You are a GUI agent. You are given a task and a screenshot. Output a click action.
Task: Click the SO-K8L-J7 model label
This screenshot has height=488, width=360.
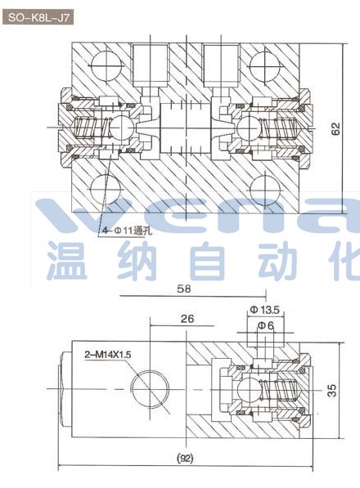(x=38, y=17)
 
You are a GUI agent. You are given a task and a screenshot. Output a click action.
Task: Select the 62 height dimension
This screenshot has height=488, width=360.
(x=335, y=128)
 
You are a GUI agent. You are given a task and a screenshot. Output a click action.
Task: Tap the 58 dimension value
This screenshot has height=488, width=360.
(x=184, y=289)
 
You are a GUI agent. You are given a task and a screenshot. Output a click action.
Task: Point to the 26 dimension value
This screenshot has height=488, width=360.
(x=187, y=318)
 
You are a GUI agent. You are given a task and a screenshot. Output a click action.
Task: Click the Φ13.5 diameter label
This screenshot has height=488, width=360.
(x=265, y=310)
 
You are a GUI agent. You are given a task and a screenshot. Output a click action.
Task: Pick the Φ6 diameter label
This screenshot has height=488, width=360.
(x=266, y=325)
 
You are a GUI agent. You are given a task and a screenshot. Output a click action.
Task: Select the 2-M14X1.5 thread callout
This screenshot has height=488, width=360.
(x=108, y=354)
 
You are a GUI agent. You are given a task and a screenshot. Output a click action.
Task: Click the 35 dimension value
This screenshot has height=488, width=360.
(x=332, y=390)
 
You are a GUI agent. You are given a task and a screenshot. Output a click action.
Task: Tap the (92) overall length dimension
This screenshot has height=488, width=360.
(x=185, y=458)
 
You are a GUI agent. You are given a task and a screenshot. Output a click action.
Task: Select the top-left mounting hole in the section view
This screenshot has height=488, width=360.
(x=106, y=65)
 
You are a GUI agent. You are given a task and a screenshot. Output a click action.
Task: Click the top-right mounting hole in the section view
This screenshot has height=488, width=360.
(x=265, y=65)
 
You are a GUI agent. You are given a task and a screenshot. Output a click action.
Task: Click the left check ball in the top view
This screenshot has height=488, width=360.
(x=122, y=128)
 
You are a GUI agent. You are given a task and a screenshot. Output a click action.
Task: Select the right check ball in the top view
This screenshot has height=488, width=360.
(x=249, y=128)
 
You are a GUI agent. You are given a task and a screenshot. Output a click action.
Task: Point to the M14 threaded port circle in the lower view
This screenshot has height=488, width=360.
(x=150, y=389)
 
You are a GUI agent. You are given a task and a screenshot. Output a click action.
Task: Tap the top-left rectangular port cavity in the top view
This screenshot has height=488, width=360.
(x=151, y=65)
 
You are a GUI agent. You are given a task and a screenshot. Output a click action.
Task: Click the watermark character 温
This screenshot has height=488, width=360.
(x=66, y=261)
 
